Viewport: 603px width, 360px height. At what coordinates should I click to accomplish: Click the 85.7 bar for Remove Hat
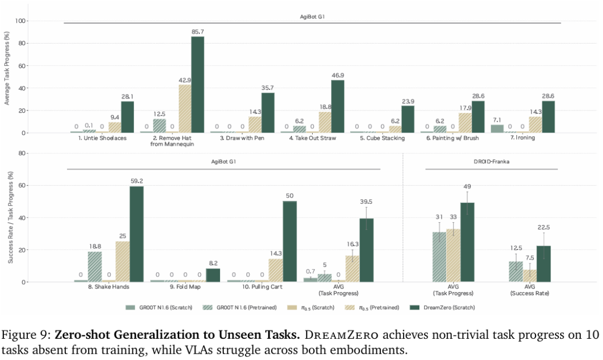point(198,85)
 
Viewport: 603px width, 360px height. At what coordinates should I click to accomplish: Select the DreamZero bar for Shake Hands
point(136,234)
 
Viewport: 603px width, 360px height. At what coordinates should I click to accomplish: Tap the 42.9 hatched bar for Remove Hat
point(184,109)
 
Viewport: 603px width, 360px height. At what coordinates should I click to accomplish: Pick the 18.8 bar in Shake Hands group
point(95,267)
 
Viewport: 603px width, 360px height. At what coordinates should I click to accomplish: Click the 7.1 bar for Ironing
point(497,129)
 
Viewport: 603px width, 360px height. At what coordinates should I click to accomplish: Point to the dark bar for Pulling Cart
point(290,241)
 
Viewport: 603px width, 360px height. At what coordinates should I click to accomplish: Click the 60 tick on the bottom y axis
point(23,185)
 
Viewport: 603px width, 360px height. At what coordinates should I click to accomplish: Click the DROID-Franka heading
point(491,161)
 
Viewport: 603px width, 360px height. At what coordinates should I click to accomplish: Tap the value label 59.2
point(136,181)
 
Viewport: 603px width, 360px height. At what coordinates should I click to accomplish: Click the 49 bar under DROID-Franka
point(467,242)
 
